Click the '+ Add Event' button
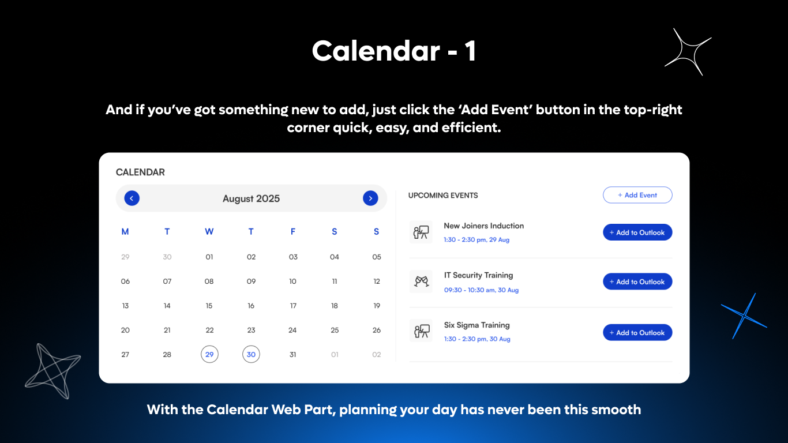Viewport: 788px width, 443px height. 637,195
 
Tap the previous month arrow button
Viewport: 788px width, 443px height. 132,198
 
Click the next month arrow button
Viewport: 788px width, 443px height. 370,198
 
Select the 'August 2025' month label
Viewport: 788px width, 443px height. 251,198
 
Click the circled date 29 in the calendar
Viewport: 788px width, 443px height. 209,354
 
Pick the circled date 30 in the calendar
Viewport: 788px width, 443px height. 251,354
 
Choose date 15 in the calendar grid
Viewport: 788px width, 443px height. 209,306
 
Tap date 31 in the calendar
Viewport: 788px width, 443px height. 292,354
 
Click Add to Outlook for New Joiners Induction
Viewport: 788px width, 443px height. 637,232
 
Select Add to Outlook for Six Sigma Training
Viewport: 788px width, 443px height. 637,332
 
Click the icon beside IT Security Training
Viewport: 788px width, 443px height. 421,281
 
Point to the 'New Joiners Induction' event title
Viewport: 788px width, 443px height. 483,226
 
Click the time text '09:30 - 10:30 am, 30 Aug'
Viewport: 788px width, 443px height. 481,290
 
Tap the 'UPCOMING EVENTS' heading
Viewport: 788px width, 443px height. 443,196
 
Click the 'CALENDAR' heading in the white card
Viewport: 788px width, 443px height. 140,172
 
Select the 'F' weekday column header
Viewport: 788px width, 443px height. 293,231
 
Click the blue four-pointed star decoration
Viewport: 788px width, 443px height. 744,316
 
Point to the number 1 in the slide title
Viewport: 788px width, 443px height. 470,51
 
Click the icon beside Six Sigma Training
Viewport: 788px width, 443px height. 421,331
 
